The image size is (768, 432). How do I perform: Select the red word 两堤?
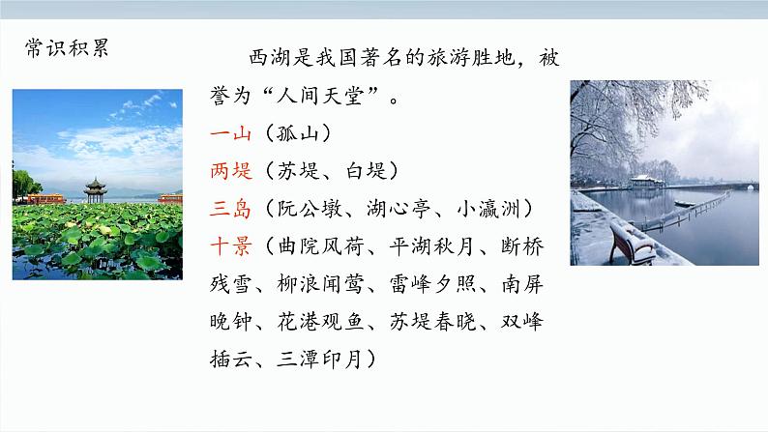[230, 171]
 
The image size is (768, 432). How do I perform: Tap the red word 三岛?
[230, 209]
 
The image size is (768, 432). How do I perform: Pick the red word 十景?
[230, 246]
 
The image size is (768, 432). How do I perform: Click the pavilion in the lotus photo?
[95, 187]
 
